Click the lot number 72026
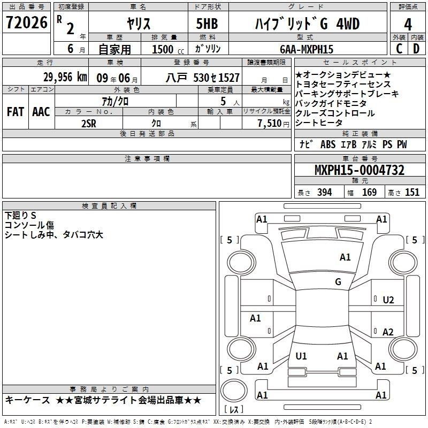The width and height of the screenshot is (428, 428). [27, 22]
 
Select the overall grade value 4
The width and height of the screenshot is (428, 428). [408, 25]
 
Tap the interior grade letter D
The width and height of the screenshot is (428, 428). [416, 49]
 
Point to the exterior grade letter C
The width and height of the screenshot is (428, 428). [399, 49]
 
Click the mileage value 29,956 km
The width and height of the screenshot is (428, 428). [65, 77]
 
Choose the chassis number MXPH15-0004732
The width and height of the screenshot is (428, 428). [360, 170]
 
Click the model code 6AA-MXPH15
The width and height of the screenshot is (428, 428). [307, 49]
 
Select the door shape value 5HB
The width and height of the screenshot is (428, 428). [207, 24]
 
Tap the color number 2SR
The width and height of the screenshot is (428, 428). [89, 124]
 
